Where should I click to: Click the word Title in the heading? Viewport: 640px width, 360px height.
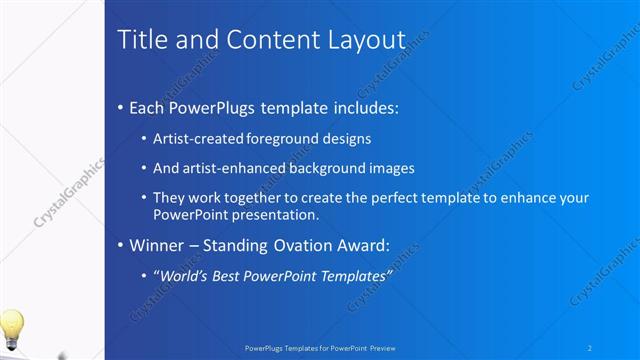point(140,40)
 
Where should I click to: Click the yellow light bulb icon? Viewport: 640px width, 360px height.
point(11,327)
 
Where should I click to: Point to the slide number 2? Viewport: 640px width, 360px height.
point(590,347)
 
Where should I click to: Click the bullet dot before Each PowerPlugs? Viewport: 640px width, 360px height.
point(121,106)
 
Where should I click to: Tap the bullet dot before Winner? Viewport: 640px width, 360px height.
point(121,244)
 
